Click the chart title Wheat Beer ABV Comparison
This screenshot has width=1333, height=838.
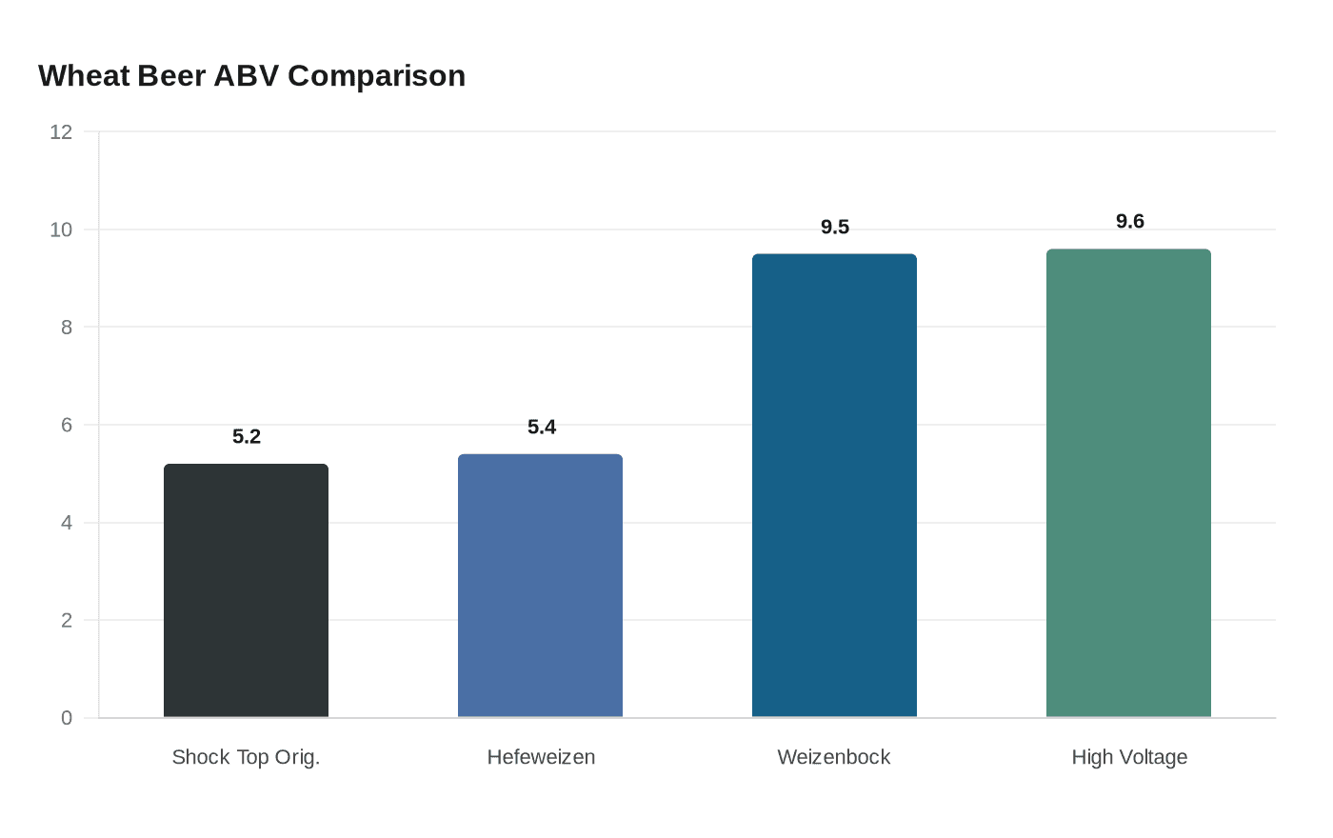click(x=251, y=75)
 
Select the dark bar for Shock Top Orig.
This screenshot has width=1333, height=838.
click(x=246, y=590)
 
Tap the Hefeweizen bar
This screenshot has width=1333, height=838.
click(x=540, y=586)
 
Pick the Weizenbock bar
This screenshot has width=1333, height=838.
click(x=834, y=486)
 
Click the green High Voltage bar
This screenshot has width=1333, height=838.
click(x=1128, y=483)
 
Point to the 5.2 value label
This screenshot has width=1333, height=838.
click(x=247, y=436)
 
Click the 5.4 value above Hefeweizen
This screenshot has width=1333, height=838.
click(x=542, y=427)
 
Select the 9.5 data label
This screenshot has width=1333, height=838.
click(x=835, y=227)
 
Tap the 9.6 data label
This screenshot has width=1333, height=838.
click(x=1130, y=221)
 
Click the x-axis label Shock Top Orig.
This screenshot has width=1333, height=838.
click(x=246, y=757)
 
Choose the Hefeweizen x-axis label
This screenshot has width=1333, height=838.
click(x=541, y=757)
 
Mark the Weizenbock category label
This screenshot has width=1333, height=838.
click(x=834, y=757)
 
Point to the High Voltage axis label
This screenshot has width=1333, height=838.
click(x=1129, y=757)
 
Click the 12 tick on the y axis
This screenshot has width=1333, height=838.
click(x=61, y=132)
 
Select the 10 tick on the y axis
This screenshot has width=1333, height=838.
click(x=61, y=229)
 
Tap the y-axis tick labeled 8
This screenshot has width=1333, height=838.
click(x=67, y=328)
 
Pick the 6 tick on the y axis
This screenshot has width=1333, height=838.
click(x=67, y=425)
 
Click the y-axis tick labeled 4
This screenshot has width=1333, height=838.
click(x=67, y=523)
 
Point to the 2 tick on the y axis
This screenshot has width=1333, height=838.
click(x=67, y=620)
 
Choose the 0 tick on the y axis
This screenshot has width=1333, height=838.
click(x=67, y=718)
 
